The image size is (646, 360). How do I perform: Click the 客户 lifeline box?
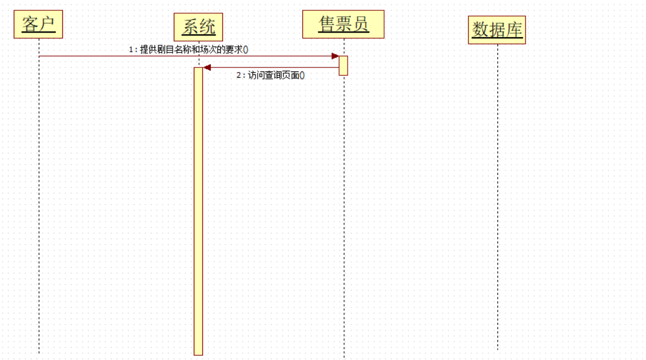[38, 25]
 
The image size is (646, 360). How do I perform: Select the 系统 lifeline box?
[198, 27]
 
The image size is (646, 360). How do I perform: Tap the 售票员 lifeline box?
[344, 24]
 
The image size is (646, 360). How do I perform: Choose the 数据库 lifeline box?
[497, 30]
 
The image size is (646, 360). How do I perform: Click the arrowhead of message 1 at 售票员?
[335, 56]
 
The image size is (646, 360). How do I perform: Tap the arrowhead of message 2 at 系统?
[208, 67]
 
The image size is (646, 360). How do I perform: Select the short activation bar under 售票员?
[344, 65]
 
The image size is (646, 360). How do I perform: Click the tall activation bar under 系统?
[198, 211]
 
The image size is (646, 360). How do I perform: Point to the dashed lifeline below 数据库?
[497, 200]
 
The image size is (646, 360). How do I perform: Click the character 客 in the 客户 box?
[30, 25]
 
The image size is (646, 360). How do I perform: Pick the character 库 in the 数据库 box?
[515, 30]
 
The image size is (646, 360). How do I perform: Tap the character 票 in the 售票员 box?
[344, 24]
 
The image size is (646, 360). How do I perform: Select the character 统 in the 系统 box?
[207, 27]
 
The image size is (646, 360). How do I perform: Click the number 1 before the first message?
[131, 50]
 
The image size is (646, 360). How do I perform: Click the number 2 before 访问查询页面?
[240, 75]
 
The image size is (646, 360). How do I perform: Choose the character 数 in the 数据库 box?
[479, 30]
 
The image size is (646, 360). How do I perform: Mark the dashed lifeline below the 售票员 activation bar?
[344, 217]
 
